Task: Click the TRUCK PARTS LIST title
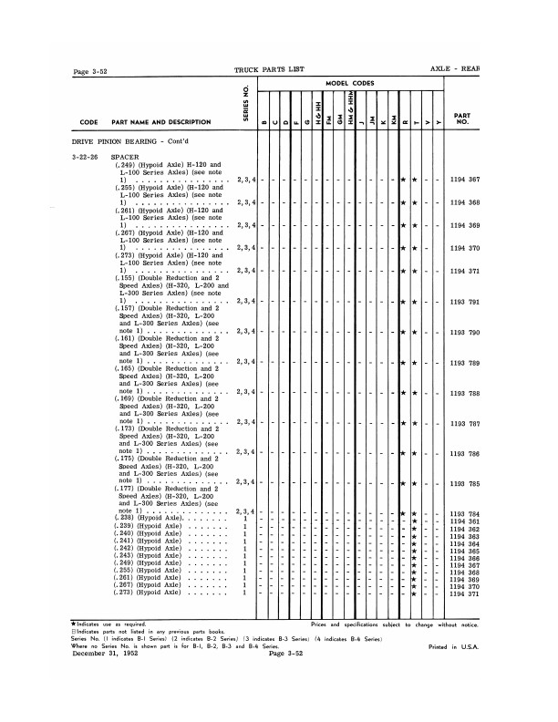coord(271,70)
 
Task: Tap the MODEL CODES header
coord(351,83)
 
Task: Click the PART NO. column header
coord(462,119)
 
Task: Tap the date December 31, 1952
coord(112,653)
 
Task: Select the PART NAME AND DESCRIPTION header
coord(160,122)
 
